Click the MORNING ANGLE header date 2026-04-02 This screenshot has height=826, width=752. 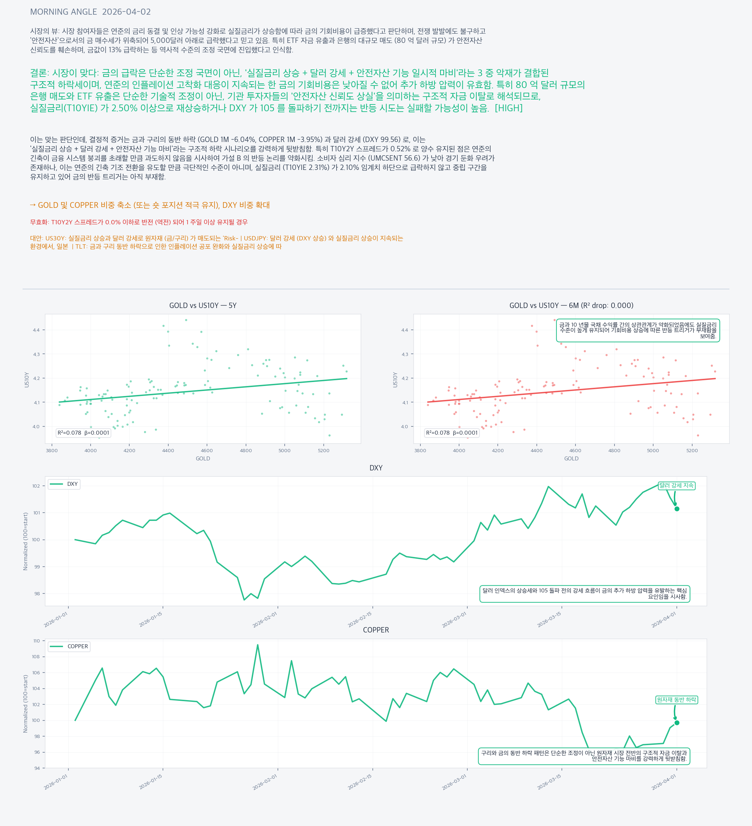click(x=126, y=12)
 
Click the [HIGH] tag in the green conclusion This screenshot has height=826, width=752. click(x=508, y=108)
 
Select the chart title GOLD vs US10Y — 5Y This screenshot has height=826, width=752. click(x=203, y=305)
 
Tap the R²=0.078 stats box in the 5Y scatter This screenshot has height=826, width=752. click(x=83, y=432)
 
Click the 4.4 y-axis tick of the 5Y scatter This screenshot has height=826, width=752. click(x=37, y=330)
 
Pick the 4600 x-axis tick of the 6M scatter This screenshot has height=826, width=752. click(x=575, y=450)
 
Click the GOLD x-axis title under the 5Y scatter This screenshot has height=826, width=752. click(x=203, y=459)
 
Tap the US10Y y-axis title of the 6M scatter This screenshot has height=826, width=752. click(x=395, y=380)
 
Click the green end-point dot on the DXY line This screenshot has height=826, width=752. click(x=677, y=509)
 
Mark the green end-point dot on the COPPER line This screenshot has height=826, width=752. click(x=677, y=723)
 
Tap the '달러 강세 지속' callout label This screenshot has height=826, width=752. click(x=676, y=485)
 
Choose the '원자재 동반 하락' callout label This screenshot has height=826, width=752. click(x=676, y=700)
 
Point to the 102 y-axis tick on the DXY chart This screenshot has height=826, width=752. click(x=36, y=486)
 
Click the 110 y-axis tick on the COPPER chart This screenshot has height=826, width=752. click(x=37, y=641)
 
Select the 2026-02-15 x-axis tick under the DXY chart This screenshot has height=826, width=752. click(x=360, y=620)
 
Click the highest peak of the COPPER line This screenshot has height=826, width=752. click(x=257, y=645)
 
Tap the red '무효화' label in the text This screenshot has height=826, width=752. click(x=39, y=222)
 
